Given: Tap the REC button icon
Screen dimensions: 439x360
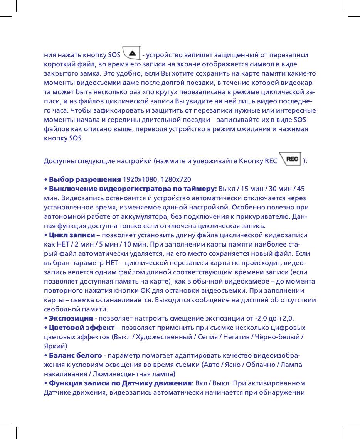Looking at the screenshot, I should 290,159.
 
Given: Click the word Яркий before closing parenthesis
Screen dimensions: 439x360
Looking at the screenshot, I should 53,346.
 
